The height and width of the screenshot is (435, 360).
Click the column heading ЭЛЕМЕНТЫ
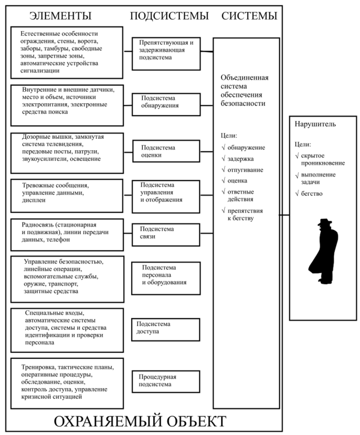60,16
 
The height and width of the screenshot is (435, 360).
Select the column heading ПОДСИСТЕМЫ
169,16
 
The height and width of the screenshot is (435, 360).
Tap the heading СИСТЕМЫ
249,16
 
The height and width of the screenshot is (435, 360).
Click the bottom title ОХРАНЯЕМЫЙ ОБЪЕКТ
140,421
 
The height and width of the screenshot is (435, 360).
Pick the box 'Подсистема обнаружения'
166,105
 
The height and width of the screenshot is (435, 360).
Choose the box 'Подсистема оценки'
166,151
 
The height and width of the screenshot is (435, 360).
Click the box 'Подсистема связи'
166,235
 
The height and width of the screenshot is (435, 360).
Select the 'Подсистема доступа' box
166,329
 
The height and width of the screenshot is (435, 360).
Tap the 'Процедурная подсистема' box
166,381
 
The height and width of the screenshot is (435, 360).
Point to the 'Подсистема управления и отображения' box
166,197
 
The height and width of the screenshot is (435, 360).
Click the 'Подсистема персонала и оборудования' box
166,278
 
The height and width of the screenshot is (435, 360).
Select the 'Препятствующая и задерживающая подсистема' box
166,54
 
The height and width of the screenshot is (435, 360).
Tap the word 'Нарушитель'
315,124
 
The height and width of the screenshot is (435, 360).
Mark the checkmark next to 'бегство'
297,193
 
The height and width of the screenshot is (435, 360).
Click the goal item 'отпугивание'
245,170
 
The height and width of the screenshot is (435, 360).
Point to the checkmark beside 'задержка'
223,159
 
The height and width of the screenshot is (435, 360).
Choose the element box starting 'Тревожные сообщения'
66,196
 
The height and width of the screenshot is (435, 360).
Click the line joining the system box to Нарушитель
284,215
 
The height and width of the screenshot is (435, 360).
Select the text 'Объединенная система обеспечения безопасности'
244,91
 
